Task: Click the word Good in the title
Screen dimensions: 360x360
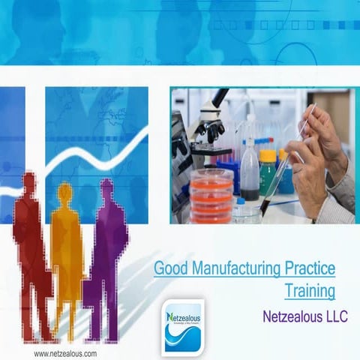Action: [169, 268]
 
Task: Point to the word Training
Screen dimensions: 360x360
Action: [310, 290]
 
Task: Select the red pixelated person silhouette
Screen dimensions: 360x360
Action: [30, 247]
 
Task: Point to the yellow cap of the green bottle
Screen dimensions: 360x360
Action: [268, 155]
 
